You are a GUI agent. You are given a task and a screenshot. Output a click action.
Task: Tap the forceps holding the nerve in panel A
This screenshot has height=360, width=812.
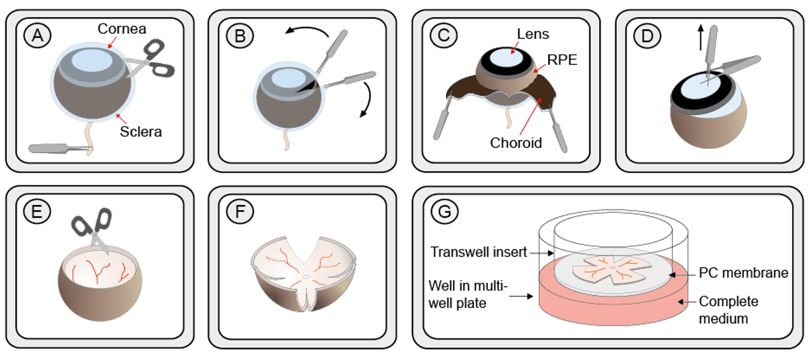58,148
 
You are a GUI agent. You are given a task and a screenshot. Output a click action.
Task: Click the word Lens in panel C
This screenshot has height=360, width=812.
533,34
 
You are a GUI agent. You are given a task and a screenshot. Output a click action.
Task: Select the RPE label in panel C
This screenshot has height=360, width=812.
562,60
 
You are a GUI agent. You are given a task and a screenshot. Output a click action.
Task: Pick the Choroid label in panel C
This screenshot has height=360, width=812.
515,142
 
